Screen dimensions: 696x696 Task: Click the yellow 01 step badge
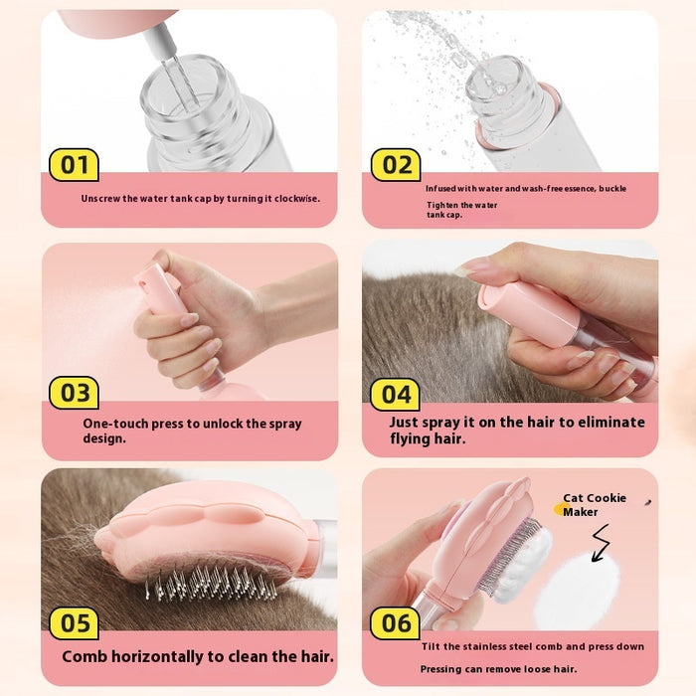coord(75,164)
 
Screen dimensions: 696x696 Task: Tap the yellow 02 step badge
coord(396,164)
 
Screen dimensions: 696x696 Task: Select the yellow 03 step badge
coord(75,393)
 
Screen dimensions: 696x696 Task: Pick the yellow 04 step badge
coord(396,395)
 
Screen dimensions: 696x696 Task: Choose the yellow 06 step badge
coord(396,623)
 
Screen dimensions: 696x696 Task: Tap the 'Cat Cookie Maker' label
coord(595,505)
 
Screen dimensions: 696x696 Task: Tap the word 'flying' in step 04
coord(412,438)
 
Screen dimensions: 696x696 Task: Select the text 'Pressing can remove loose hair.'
coord(498,669)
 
